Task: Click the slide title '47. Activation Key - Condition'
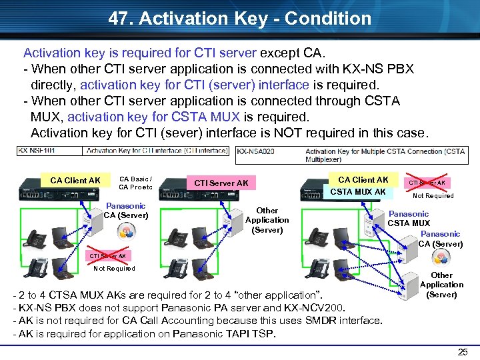[239, 18]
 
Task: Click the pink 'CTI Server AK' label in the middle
[221, 183]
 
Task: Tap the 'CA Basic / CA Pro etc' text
[135, 183]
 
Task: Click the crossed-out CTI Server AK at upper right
[427, 183]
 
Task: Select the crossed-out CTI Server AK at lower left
[108, 256]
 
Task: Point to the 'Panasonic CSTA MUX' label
[409, 219]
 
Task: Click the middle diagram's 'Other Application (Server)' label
[267, 220]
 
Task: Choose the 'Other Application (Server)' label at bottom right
[441, 285]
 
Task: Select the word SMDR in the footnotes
[323, 321]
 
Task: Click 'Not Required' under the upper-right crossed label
[433, 196]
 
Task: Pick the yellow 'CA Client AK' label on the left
[75, 181]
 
